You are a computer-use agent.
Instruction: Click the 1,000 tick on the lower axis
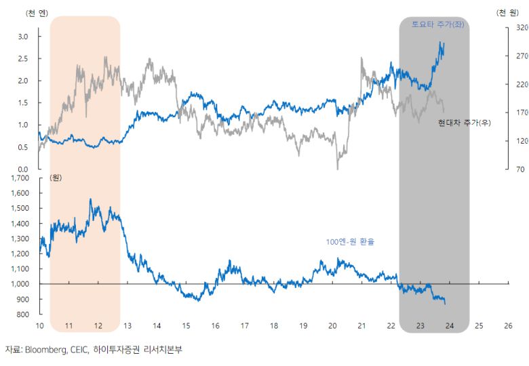[20, 284]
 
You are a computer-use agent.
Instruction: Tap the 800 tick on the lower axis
[24, 314]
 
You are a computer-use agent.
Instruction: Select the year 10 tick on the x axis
[39, 325]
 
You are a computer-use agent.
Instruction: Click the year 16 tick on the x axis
[215, 325]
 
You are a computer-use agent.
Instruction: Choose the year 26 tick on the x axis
[508, 325]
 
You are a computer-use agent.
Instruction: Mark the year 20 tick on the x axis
[332, 325]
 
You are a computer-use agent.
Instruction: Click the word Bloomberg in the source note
[44, 350]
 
